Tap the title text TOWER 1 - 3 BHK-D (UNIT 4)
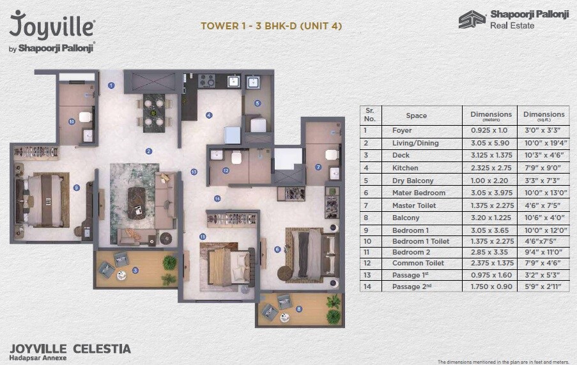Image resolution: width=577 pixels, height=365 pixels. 271,26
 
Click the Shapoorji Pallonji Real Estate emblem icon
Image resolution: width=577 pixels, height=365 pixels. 472,20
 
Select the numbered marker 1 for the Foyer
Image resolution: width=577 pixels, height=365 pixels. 111,85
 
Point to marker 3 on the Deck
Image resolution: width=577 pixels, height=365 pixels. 135,270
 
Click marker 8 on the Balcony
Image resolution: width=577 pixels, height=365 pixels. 298,309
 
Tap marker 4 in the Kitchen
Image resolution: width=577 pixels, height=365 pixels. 208,115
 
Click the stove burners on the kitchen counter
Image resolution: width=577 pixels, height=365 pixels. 206,81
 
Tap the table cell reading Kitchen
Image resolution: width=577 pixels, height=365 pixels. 405,168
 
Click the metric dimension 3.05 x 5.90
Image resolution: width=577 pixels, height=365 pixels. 489,143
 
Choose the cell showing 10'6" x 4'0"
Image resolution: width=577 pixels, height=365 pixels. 543,218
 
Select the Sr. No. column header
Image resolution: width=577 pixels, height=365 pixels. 369,115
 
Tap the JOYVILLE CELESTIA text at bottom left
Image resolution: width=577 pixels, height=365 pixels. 70,348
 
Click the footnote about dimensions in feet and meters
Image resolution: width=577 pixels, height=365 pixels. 504,361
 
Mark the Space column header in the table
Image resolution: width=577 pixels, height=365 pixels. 416,115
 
